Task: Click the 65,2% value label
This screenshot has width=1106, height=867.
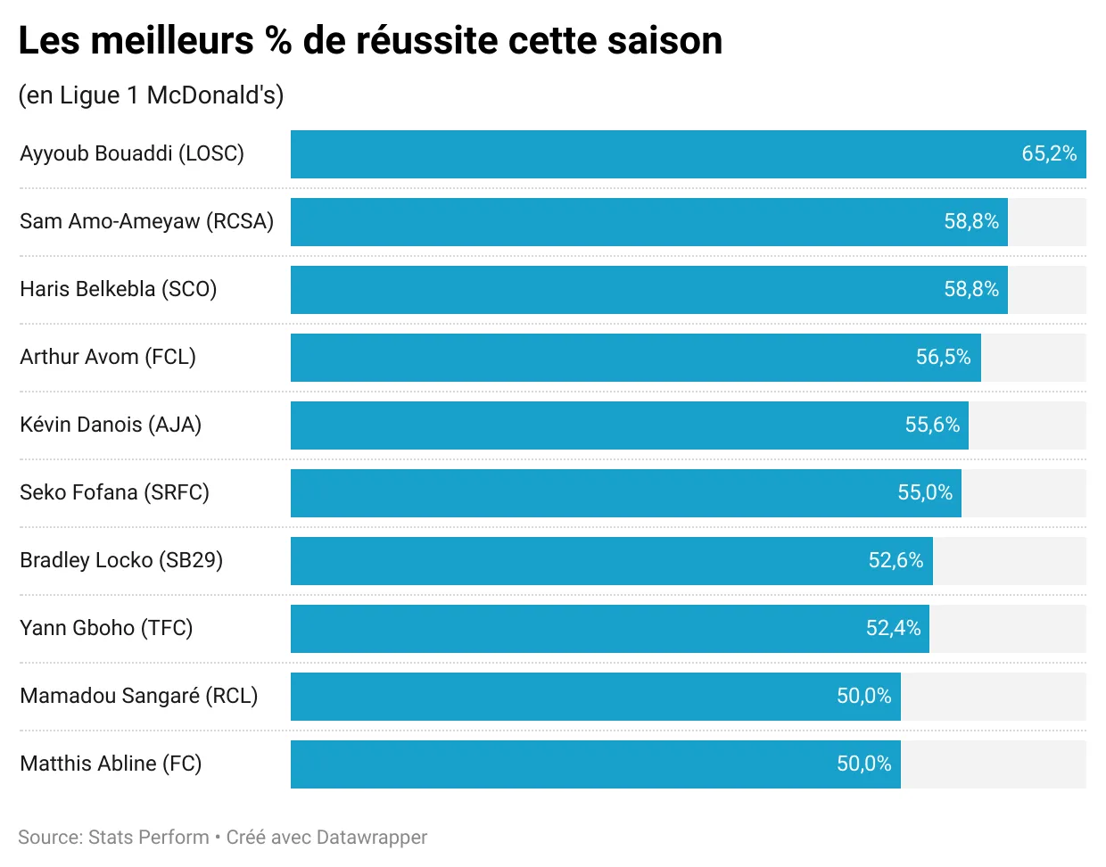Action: pos(1049,153)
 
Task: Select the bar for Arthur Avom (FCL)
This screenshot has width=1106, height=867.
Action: pos(635,358)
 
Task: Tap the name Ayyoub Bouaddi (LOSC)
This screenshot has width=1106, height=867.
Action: pos(132,153)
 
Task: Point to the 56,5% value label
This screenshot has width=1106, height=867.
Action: pos(943,357)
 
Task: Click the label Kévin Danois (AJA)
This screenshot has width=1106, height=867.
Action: pos(111,425)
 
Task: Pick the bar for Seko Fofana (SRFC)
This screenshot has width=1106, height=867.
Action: pos(625,493)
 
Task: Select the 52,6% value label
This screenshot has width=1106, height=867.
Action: pos(896,560)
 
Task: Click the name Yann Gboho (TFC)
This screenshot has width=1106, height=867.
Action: pos(106,628)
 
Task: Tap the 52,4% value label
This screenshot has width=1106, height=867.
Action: pos(893,628)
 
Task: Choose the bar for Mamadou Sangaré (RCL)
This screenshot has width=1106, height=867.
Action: pos(595,697)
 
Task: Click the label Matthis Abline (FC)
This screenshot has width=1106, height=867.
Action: pos(111,764)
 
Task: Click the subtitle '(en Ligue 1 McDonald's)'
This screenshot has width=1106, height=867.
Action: pos(151,95)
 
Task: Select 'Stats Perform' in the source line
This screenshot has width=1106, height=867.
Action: pos(149,838)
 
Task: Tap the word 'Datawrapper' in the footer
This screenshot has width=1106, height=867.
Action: pos(371,838)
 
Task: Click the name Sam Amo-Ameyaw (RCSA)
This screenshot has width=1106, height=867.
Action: pos(146,221)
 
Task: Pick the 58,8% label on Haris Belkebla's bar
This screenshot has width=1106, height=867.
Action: pos(971,289)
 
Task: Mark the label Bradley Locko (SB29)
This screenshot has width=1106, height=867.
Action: pos(121,560)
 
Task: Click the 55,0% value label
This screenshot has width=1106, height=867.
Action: pos(925,492)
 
